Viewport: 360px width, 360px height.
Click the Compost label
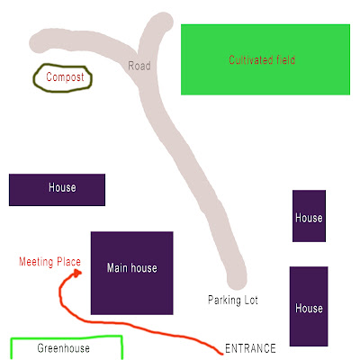[65, 77]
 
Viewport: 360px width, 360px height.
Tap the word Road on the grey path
[139, 66]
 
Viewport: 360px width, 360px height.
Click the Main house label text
[132, 267]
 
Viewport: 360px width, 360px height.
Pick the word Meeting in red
[36, 262]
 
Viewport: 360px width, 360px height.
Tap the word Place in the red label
[68, 262]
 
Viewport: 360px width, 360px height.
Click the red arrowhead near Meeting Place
[77, 273]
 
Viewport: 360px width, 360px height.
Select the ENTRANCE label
[250, 348]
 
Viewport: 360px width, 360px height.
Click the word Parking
[224, 300]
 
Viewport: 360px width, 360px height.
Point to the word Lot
[251, 300]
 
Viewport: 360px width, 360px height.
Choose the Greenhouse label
[63, 348]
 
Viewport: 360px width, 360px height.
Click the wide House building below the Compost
[57, 190]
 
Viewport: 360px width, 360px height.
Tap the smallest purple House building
[309, 216]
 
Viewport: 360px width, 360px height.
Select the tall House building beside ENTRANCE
[309, 306]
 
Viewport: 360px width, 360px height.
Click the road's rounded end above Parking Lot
[237, 281]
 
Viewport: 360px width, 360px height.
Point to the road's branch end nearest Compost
[39, 41]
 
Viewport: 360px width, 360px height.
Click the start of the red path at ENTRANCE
[222, 354]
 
